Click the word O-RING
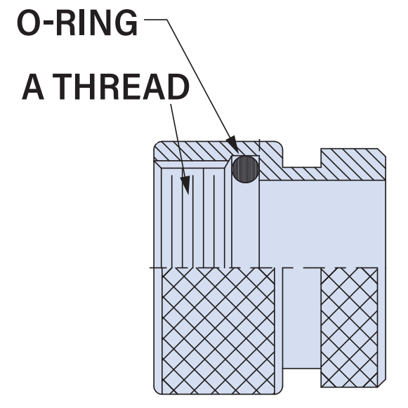coord(77,23)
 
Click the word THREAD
coord(121,86)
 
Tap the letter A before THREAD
coord(33,86)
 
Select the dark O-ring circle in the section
coord(245,169)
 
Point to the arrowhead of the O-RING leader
coord(232,144)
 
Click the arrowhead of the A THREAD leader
coord(185,185)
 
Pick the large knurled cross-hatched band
coord(218,331)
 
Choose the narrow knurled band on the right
coord(349,328)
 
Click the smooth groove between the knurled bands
coord(302,318)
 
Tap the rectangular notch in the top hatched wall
coord(302,158)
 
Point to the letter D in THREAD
coord(178,86)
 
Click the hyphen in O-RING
coord(47,25)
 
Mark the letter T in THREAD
coord(62,86)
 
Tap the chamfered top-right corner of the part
coord(382,152)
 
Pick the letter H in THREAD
coord(84,86)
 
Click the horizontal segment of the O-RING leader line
coord(156,20)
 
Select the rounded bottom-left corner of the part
coord(157,391)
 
